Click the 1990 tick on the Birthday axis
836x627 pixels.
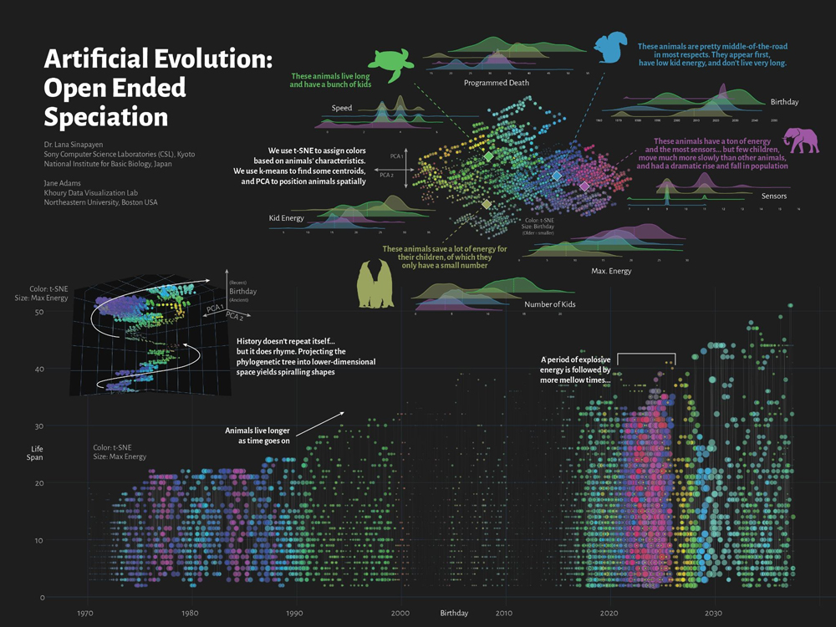point(295,613)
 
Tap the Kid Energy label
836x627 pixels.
point(286,218)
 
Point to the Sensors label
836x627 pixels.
point(774,196)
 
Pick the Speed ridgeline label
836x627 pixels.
point(342,109)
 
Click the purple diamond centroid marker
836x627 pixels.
point(584,186)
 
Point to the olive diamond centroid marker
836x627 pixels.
point(487,204)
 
